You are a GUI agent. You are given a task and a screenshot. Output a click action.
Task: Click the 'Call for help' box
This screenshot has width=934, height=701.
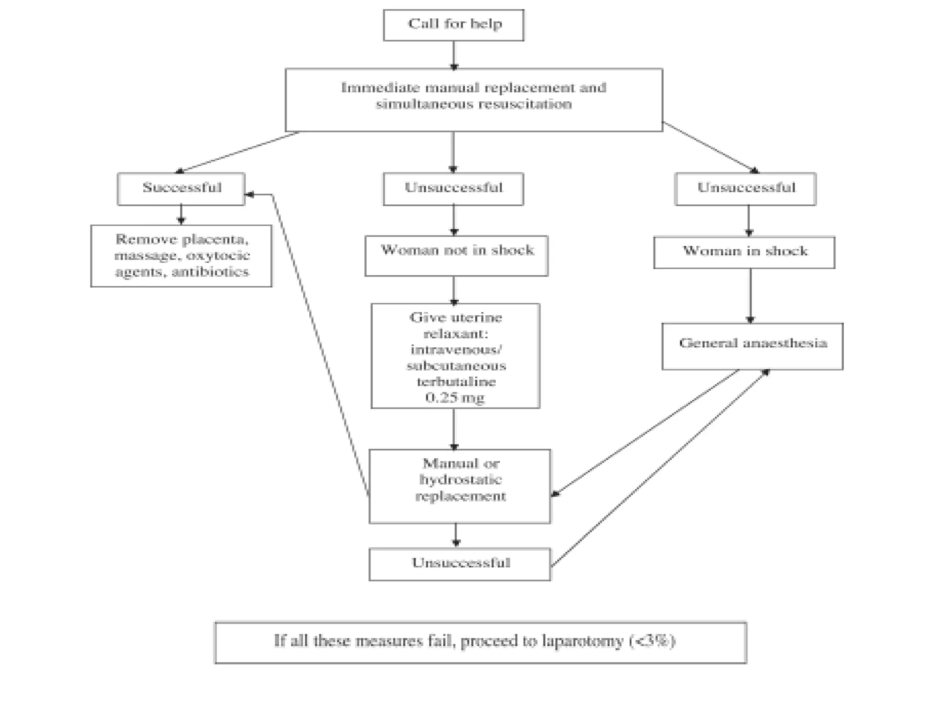[x=453, y=25]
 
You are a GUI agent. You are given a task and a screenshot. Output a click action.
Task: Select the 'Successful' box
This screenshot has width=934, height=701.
[x=181, y=188]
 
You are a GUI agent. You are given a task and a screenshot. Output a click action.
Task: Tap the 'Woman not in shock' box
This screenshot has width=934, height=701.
[x=456, y=255]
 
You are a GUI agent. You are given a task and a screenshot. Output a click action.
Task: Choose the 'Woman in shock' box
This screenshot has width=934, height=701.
[x=744, y=252]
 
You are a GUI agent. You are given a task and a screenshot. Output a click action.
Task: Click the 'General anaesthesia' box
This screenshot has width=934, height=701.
[x=752, y=346]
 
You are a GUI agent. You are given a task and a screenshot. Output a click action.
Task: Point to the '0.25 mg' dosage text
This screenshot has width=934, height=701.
[x=455, y=398]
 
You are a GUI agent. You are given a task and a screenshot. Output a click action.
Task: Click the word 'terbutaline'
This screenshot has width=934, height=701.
[x=456, y=382]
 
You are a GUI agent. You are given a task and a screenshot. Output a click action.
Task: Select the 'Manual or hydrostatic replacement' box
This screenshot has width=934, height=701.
[x=460, y=486]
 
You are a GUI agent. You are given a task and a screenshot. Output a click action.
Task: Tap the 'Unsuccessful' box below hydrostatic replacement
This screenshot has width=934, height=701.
[x=460, y=564]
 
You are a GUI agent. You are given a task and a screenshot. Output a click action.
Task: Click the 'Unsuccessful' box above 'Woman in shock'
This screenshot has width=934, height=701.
[x=745, y=188]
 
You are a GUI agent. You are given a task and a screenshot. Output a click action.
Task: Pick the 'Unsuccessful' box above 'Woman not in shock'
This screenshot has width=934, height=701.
[x=453, y=188]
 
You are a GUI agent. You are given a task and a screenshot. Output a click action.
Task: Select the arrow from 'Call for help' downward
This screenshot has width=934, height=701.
[x=453, y=55]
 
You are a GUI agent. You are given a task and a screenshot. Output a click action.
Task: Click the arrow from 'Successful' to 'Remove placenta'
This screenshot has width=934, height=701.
[x=181, y=214]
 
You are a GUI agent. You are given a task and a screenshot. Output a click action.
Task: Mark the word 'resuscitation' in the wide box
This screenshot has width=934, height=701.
[x=524, y=104]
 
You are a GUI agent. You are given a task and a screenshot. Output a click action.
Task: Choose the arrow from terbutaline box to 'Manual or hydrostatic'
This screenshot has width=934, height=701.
[x=453, y=429]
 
